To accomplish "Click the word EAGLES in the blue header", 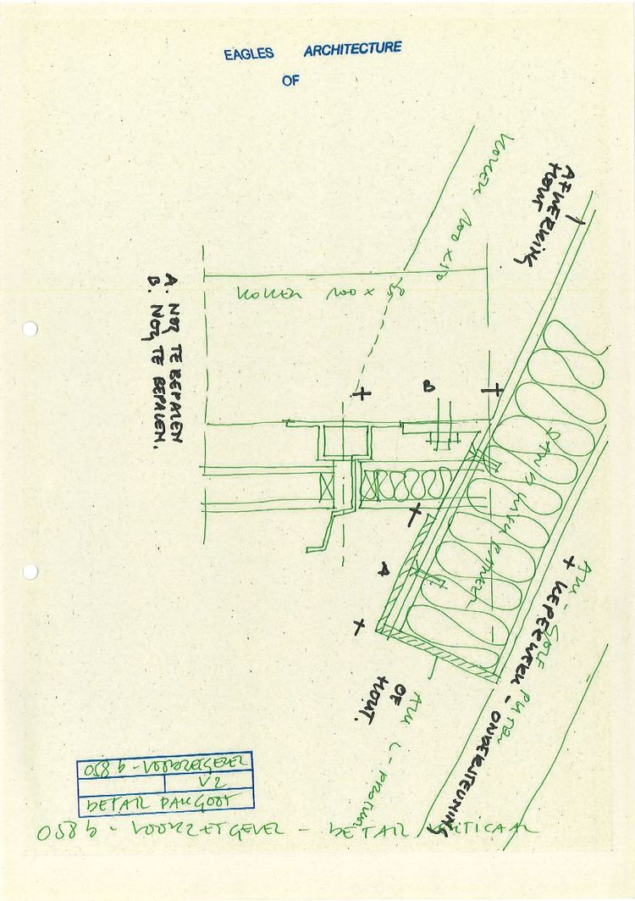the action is click(x=249, y=53).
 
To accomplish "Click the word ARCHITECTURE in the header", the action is click(x=352, y=49).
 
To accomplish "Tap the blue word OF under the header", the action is click(x=290, y=81).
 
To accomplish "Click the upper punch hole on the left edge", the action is click(x=30, y=329).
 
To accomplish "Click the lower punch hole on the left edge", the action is click(x=30, y=571).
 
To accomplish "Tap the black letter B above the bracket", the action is click(x=429, y=387).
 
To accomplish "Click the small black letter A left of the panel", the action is click(x=383, y=569).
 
